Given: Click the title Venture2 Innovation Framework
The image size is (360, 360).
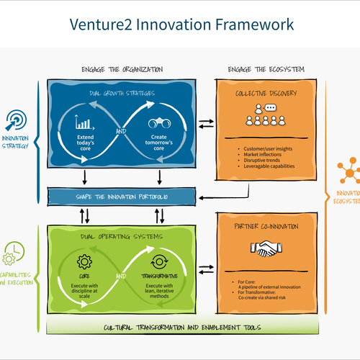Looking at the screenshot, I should point(181,24).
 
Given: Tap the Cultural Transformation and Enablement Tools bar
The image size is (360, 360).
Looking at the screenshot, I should point(183,325).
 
